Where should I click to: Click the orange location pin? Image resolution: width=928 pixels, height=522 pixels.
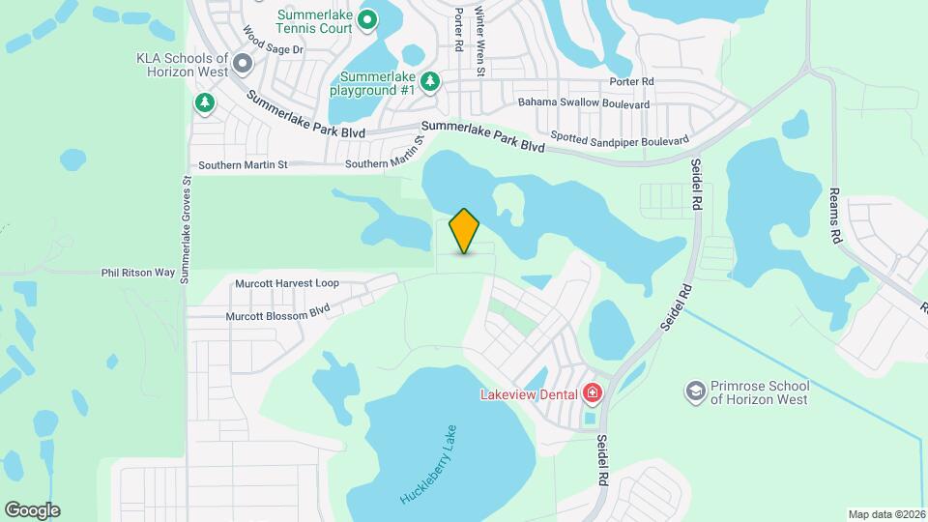point(465,230)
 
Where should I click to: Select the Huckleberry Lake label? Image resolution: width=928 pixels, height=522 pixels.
point(432,463)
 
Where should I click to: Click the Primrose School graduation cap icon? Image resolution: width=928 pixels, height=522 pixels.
point(694,391)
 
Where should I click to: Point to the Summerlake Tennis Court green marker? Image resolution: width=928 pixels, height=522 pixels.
point(367,18)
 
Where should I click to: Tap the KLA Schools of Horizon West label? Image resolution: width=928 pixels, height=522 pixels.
point(182,65)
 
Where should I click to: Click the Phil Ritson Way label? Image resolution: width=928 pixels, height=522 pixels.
point(138,274)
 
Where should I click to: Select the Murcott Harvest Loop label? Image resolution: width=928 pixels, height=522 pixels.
point(287,283)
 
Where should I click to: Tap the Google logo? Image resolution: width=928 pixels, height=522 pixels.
point(32,510)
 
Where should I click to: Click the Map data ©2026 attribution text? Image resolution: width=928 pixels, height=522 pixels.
point(885,514)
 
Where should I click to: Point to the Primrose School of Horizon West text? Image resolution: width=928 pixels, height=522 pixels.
point(759,392)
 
